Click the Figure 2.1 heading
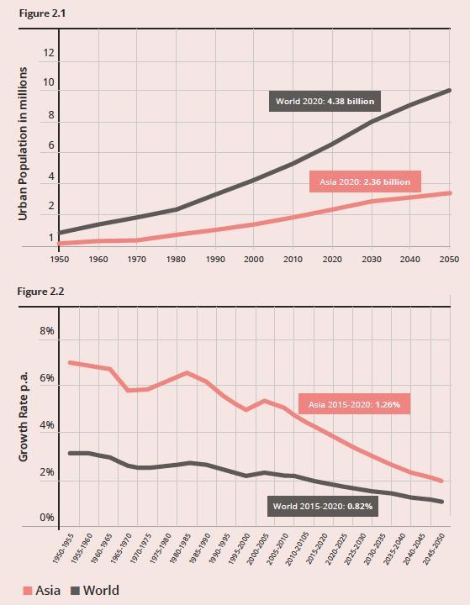click(42, 13)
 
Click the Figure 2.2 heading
click(40, 292)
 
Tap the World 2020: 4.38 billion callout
click(325, 102)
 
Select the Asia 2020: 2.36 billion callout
click(365, 181)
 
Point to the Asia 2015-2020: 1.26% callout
click(354, 404)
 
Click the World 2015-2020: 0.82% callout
click(323, 506)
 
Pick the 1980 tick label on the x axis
click(176, 259)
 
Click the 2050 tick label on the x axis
click(449, 259)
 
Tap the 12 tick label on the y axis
click(48, 52)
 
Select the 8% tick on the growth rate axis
click(47, 331)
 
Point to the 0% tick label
click(47, 518)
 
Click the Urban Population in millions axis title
click(24, 144)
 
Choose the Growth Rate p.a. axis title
click(24, 416)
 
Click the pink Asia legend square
click(28, 591)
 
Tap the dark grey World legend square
click(76, 591)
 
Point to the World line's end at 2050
click(449, 90)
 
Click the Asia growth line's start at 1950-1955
click(70, 362)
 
